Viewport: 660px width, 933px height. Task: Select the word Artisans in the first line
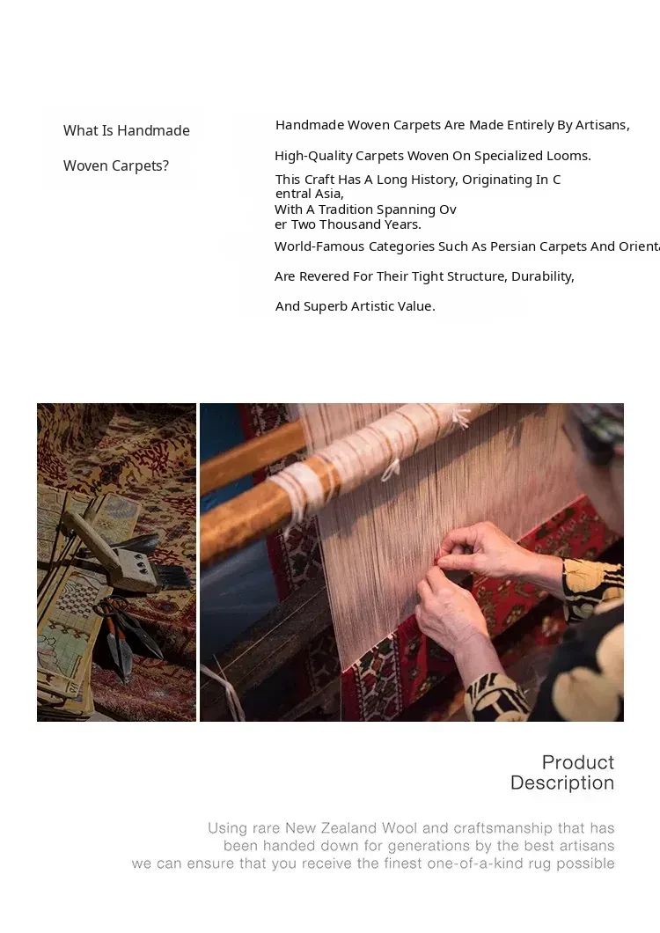click(x=602, y=125)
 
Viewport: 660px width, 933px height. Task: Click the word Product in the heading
click(x=578, y=762)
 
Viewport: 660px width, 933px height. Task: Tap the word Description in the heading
click(x=562, y=783)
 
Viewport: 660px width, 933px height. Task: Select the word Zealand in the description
click(x=349, y=828)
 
